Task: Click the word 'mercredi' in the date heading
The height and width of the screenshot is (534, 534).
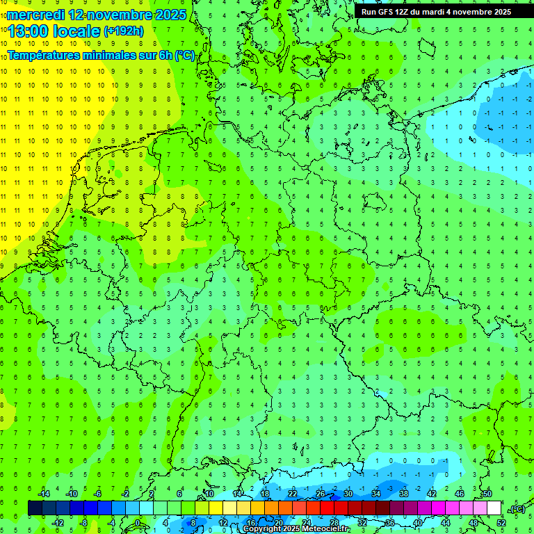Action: click(x=35, y=15)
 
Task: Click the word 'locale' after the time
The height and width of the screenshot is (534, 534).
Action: click(x=77, y=31)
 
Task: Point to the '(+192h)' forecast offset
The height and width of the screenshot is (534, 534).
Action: click(x=123, y=31)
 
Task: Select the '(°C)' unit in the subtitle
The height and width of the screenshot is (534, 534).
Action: click(x=184, y=55)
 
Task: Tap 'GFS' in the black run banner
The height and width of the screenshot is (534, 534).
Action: click(x=388, y=12)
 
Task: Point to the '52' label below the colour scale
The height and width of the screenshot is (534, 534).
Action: click(x=501, y=523)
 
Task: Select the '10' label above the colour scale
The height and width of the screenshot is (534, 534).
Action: click(x=209, y=494)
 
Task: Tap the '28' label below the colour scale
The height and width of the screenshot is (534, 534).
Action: click(x=334, y=523)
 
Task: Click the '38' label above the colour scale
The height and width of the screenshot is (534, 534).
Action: click(x=404, y=494)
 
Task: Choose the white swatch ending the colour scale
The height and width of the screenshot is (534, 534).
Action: click(x=494, y=508)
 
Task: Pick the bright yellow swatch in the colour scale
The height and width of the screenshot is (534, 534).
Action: click(x=216, y=508)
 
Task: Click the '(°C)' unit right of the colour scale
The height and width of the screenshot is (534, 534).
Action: click(x=517, y=509)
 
